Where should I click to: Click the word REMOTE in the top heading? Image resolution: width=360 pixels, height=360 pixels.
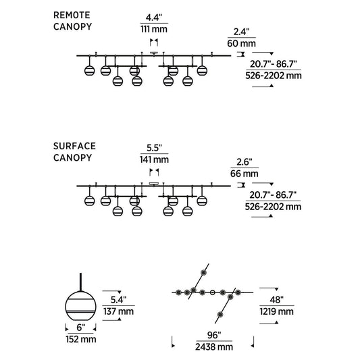tap(72, 15)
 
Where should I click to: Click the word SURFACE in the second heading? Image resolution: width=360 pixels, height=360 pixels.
tap(74, 147)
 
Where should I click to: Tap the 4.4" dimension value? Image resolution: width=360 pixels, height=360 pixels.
tap(154, 18)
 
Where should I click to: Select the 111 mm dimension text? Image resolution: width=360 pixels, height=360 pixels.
tap(154, 29)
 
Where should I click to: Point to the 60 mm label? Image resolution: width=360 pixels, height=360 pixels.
tap(241, 43)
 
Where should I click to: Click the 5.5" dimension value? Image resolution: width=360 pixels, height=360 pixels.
tap(154, 148)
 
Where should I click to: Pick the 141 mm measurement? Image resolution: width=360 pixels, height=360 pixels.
tap(154, 159)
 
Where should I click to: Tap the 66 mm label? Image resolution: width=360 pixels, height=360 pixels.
tap(245, 174)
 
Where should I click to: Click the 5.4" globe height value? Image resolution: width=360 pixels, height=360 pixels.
tap(118, 300)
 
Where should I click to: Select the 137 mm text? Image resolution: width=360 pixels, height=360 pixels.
tap(118, 311)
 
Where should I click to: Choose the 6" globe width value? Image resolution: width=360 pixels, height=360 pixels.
tap(80, 328)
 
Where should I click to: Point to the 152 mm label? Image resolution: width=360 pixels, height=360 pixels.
tap(81, 339)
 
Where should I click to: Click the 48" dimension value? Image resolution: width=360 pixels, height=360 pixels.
tap(277, 300)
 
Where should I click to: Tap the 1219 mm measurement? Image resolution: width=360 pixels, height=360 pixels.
tap(277, 311)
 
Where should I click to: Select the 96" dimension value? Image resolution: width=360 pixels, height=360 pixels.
tap(214, 335)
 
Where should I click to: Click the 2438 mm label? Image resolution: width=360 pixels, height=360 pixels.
tap(214, 347)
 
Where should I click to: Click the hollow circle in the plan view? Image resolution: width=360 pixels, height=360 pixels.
tap(213, 292)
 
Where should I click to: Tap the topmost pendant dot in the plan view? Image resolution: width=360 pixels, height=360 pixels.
tap(203, 272)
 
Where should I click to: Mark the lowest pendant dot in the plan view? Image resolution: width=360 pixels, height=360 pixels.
tap(220, 315)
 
